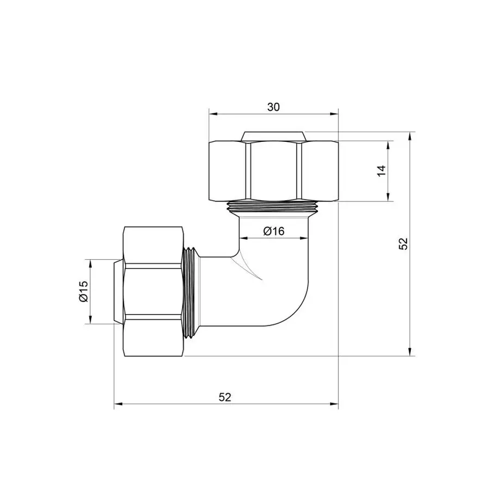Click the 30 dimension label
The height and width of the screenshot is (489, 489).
click(273, 107)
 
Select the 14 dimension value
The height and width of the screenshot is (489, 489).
click(381, 171)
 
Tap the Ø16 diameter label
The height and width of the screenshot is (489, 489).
click(274, 231)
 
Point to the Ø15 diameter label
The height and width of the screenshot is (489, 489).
click(83, 292)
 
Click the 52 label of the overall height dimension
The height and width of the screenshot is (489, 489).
click(403, 244)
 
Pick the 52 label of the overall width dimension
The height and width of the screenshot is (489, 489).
click(225, 397)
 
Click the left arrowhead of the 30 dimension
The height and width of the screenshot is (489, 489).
click(213, 114)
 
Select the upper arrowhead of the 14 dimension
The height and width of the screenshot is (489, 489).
click(389, 145)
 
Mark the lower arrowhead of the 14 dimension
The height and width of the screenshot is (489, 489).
click(389, 197)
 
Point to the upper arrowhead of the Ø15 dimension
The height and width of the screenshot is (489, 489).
click(91, 263)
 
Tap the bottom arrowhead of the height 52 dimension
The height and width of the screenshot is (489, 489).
click(410, 352)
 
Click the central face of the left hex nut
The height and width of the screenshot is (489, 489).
click(153, 292)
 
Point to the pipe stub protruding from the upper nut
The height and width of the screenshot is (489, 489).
click(273, 135)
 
